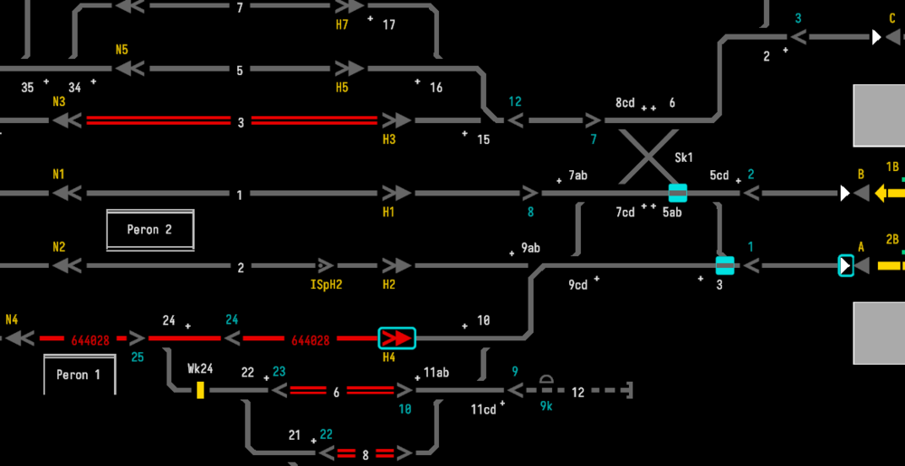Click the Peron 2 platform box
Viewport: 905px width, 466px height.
[150, 230]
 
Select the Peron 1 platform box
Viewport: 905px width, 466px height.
[80, 375]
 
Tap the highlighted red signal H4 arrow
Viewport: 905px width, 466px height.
[396, 338]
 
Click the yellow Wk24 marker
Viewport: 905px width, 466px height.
[200, 390]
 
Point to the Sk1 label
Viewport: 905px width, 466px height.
[684, 157]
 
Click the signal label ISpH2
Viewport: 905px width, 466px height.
[326, 284]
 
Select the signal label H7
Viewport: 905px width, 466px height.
[342, 24]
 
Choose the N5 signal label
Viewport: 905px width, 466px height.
[122, 50]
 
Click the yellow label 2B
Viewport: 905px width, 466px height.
[891, 240]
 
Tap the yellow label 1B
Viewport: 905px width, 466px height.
[891, 166]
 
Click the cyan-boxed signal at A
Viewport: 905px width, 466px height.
[845, 266]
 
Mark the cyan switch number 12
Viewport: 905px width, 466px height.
[515, 101]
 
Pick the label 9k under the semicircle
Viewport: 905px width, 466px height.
[547, 406]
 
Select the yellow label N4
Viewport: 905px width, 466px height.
[12, 319]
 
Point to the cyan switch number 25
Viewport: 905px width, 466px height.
[138, 357]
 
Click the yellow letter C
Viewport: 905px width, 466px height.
[892, 18]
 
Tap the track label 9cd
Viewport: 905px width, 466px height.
[577, 285]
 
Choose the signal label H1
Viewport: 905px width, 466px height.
[389, 212]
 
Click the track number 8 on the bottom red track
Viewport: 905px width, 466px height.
[366, 455]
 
